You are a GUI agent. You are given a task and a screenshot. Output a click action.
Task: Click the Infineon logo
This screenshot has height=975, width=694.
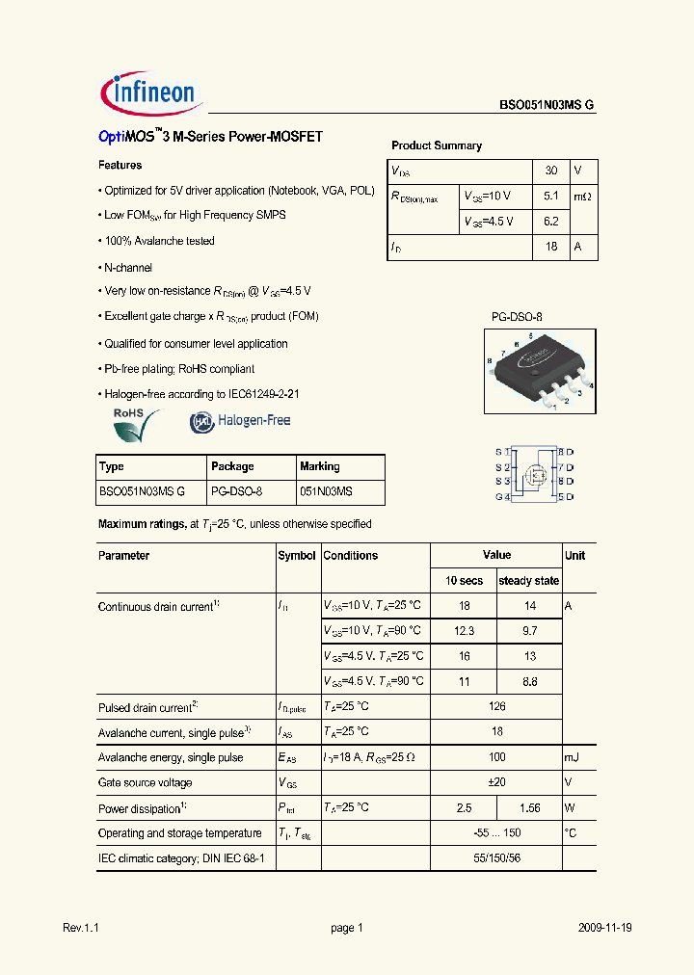tap(149, 92)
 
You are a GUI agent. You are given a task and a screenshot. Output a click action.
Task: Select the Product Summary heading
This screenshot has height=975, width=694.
tap(436, 145)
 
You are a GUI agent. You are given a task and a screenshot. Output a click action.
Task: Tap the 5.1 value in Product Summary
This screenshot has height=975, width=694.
tap(551, 196)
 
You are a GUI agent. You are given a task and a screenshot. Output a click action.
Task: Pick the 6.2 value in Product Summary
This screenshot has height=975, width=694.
tap(551, 221)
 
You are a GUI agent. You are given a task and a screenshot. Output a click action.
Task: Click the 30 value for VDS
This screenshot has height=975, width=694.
tap(551, 171)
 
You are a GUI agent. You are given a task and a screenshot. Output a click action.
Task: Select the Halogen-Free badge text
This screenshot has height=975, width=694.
tap(254, 420)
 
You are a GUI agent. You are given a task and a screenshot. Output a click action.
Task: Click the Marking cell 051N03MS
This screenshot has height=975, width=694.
tap(326, 491)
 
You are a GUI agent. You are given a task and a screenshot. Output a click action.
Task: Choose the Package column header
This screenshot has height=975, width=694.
tap(232, 466)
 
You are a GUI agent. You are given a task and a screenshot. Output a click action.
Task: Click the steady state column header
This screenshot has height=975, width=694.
tap(528, 581)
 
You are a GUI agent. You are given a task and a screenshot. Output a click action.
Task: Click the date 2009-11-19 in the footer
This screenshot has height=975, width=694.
tap(605, 928)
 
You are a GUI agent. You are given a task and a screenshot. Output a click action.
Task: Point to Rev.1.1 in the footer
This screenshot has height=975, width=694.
tap(81, 928)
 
